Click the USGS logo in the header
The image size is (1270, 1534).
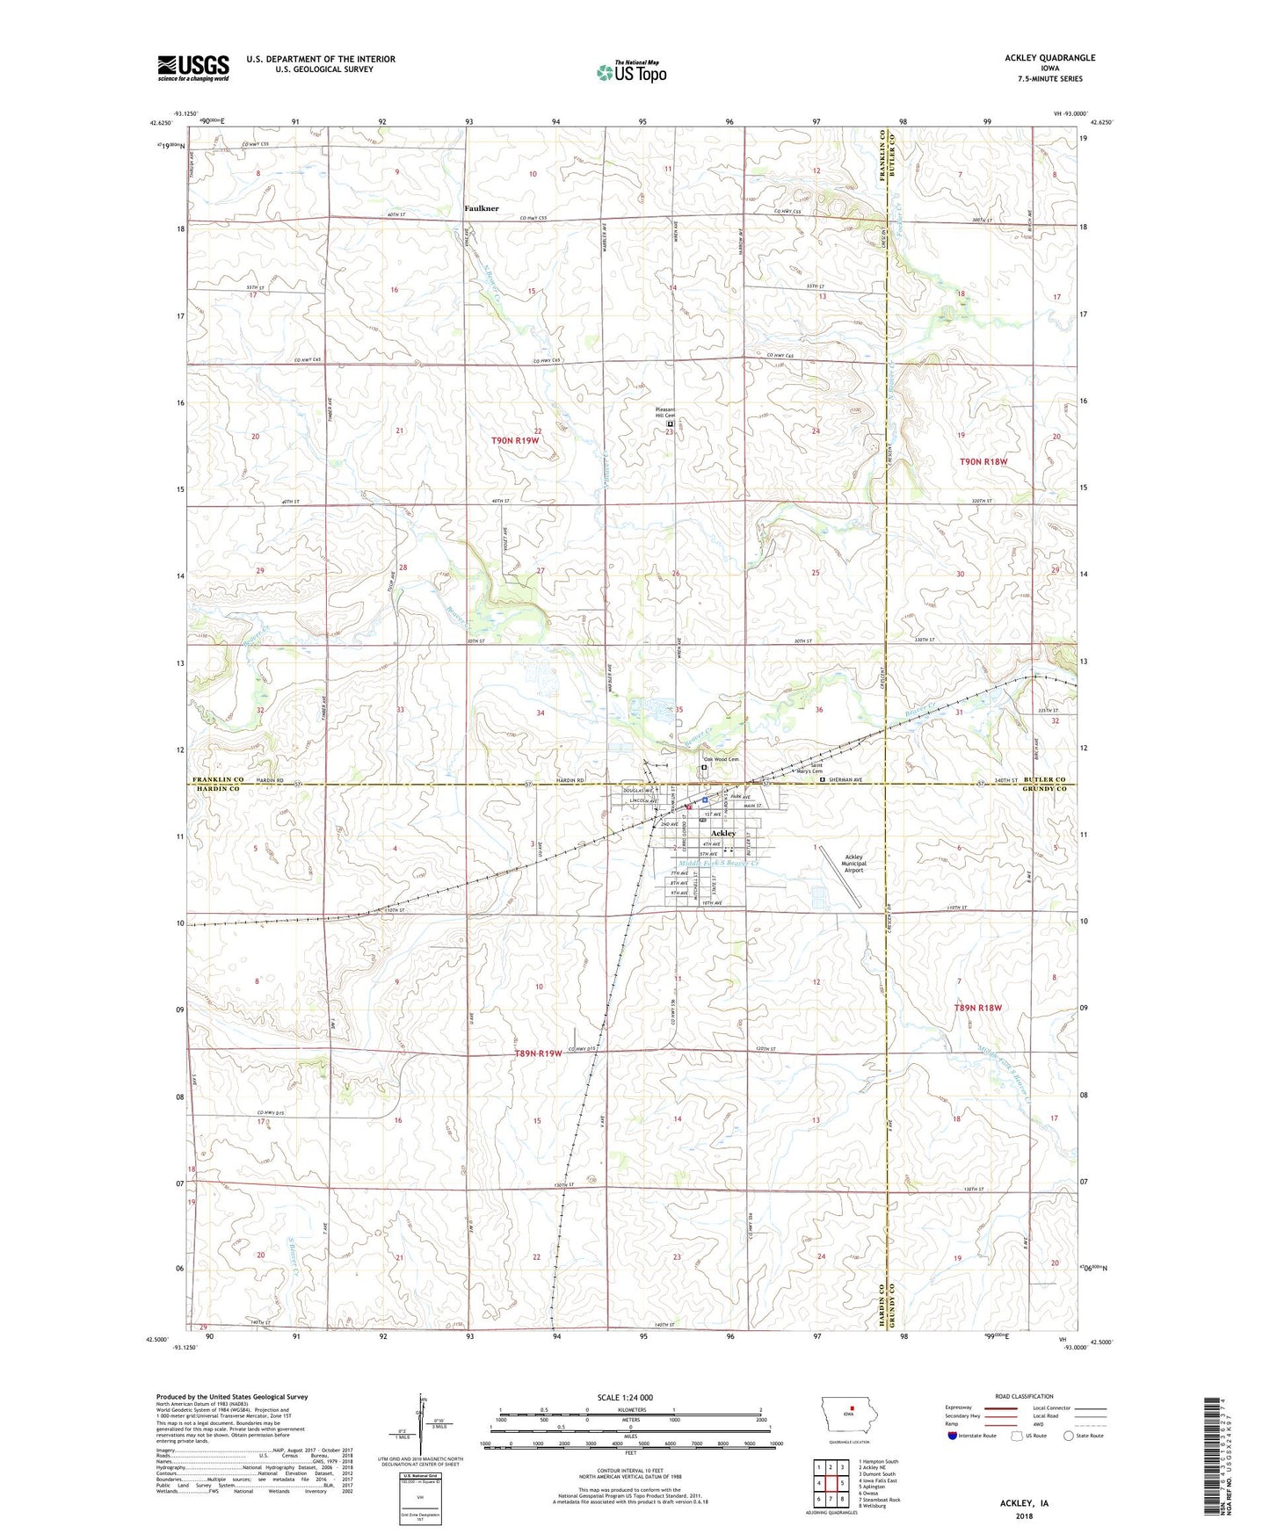pyautogui.click(x=193, y=68)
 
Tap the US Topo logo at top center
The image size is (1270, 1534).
pyautogui.click(x=631, y=72)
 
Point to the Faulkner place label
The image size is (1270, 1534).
pyautogui.click(x=481, y=208)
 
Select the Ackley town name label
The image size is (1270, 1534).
pyautogui.click(x=722, y=833)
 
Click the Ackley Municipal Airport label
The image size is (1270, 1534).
pyautogui.click(x=853, y=863)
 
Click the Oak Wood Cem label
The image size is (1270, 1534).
pyautogui.click(x=720, y=759)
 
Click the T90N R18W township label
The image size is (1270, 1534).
pyautogui.click(x=983, y=461)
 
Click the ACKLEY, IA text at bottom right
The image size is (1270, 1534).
pyautogui.click(x=1024, y=1503)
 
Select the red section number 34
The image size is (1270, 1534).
pyautogui.click(x=540, y=713)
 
